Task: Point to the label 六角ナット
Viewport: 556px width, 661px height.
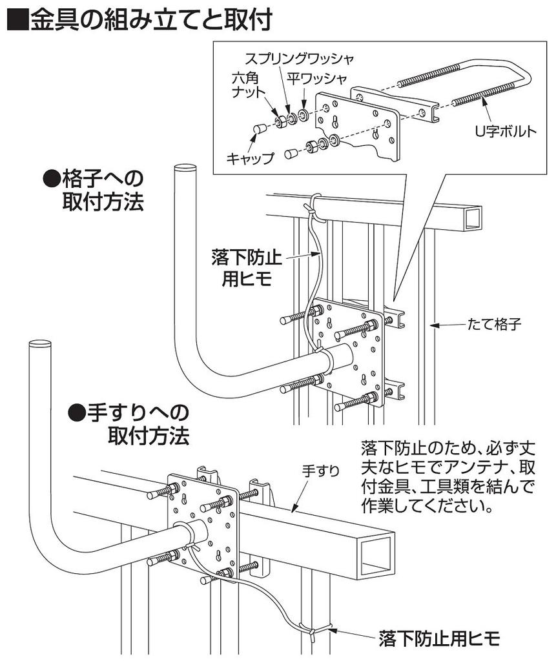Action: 249,85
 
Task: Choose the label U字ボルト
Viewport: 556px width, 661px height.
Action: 506,132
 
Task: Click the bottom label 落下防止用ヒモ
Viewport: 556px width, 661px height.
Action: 439,639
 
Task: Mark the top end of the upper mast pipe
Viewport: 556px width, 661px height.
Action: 185,169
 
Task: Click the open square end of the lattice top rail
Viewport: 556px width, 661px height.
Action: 473,217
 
